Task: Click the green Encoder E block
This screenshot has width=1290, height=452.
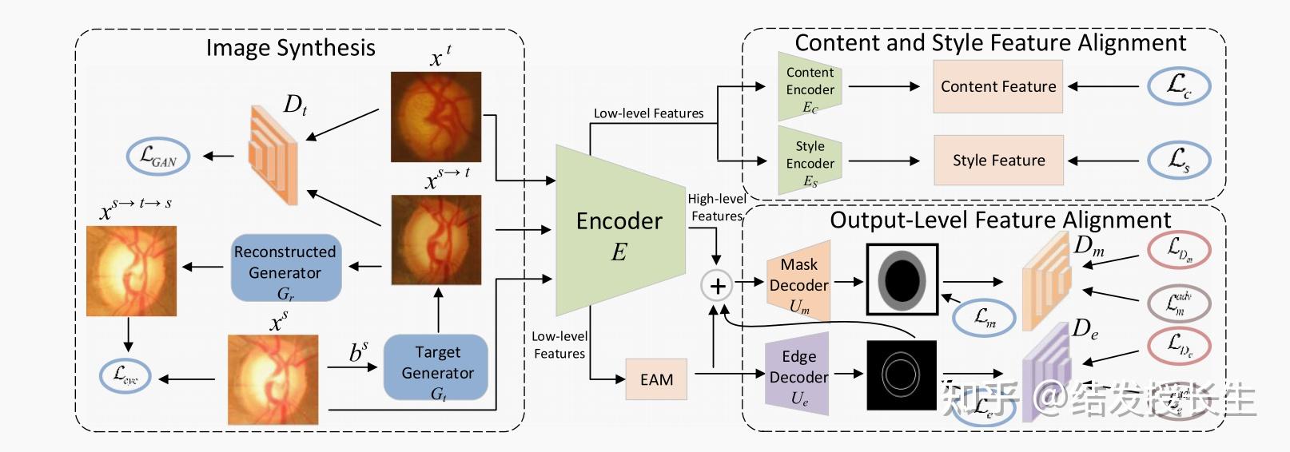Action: pos(619,232)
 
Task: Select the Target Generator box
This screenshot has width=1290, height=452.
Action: pos(436,367)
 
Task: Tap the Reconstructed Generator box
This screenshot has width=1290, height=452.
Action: pos(285,268)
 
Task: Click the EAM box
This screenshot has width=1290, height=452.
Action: pos(656,380)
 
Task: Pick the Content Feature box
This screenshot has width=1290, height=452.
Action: pos(997,86)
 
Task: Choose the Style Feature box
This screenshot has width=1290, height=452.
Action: pos(998,161)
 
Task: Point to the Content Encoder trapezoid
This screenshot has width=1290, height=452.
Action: pos(810,87)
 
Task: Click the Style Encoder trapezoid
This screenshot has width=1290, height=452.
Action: pos(810,163)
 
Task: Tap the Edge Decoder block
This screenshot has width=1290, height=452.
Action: pos(798,374)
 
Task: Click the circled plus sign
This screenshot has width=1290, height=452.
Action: pos(717,285)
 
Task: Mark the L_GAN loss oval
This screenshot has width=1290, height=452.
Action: pos(158,157)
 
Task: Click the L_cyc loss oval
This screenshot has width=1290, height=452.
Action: pos(125,375)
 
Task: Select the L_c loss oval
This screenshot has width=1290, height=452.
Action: pos(1179,85)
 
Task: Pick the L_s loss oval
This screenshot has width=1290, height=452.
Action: pos(1179,160)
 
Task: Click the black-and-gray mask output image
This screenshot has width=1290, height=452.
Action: pos(902,280)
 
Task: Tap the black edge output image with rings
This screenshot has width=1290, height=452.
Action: pos(901,375)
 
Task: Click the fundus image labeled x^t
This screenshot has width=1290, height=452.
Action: pos(436,117)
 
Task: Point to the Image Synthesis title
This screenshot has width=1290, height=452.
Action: pos(290,48)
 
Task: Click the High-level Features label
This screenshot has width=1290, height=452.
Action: pos(716,207)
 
